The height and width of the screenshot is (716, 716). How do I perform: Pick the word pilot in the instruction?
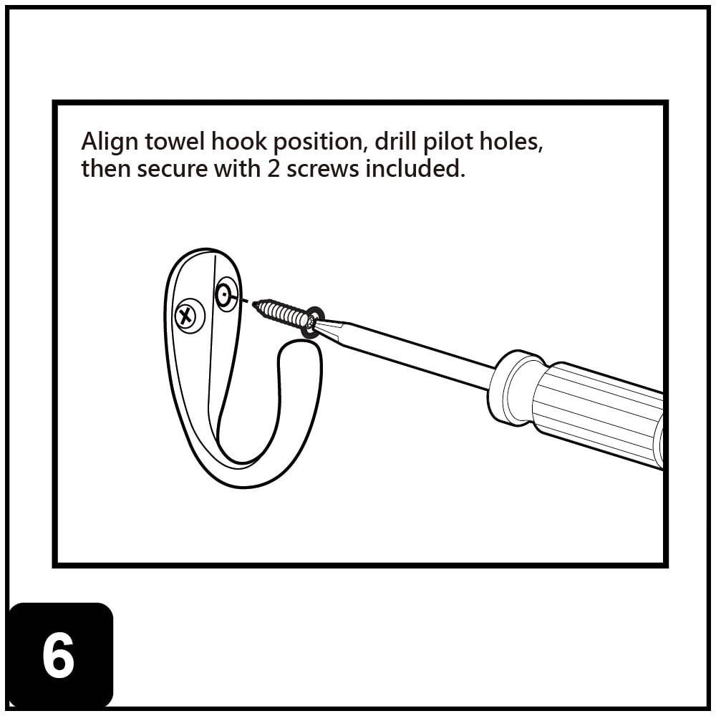pyautogui.click(x=449, y=142)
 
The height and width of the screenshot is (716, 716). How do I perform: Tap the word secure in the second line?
pyautogui.click(x=170, y=170)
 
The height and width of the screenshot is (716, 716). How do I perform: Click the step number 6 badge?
pyautogui.click(x=60, y=655)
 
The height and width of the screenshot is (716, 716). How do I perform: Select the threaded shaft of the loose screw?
pyautogui.click(x=281, y=313)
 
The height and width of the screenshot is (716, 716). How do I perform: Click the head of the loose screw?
pyautogui.click(x=311, y=323)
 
